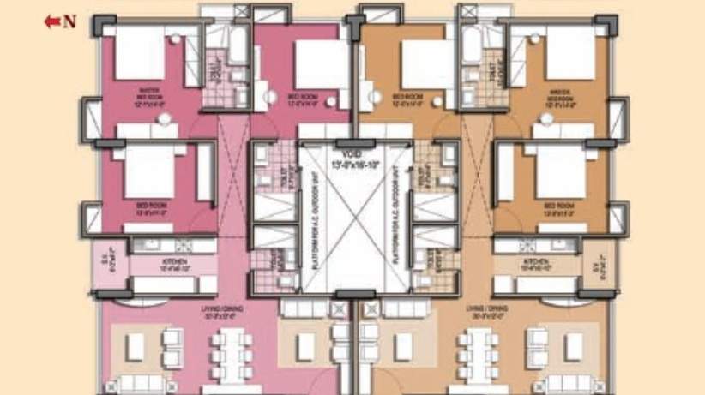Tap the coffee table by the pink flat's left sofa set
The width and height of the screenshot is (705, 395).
coord(136,347)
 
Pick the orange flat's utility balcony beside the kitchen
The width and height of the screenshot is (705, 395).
coord(600,262)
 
